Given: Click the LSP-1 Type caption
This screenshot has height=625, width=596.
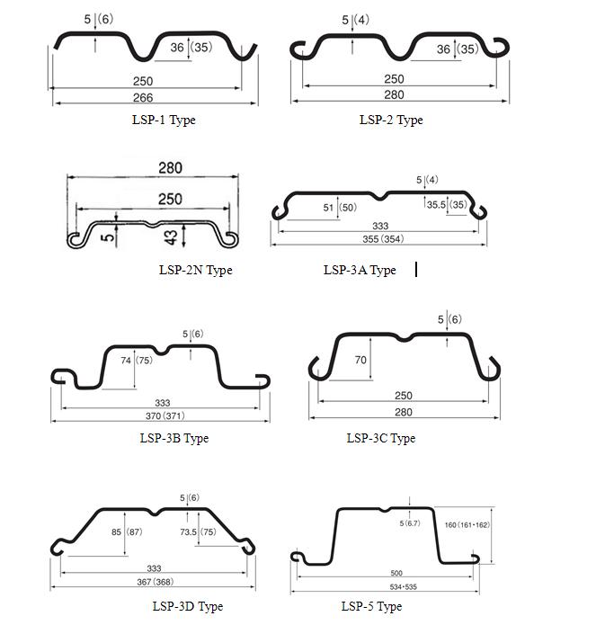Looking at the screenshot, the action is [x=164, y=120].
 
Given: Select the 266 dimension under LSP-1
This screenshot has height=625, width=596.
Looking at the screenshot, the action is [x=143, y=98].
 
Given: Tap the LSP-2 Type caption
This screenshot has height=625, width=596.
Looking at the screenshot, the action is [x=391, y=120].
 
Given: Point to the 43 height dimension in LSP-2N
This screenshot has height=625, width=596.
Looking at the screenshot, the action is [x=171, y=237].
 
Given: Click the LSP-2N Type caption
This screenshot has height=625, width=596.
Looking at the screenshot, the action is [x=196, y=271].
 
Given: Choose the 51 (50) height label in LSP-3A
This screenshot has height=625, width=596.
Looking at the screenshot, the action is [x=340, y=208].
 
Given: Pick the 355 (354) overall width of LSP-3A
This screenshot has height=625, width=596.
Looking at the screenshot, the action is [x=383, y=239].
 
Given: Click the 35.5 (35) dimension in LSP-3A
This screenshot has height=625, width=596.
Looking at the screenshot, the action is [x=447, y=205].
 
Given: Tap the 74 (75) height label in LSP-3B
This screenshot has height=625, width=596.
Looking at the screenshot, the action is [x=137, y=361].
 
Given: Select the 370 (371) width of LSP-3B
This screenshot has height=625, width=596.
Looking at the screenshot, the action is [x=165, y=416].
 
